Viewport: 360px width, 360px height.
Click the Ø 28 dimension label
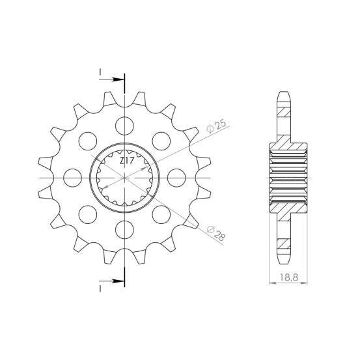[216, 233]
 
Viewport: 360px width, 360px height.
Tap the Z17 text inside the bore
[126, 161]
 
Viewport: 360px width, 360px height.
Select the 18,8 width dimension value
[289, 277]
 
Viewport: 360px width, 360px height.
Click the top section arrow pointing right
[111, 79]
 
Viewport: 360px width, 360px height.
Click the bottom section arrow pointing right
[111, 281]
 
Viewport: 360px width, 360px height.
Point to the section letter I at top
[100, 72]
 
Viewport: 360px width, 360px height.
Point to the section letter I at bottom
[100, 288]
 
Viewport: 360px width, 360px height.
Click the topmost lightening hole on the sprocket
[125, 126]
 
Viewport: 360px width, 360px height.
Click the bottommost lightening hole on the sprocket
[125, 230]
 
